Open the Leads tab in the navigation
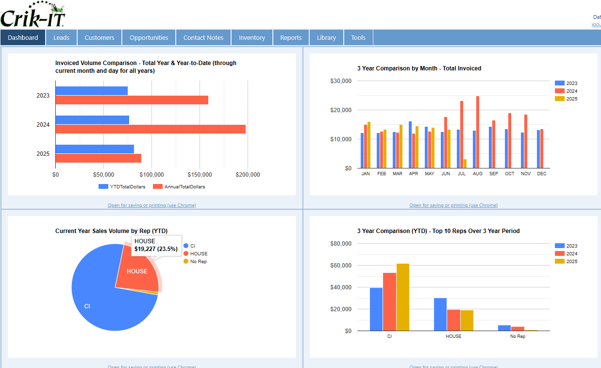coord(61,37)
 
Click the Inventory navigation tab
coord(251,37)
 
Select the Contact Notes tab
coord(203,37)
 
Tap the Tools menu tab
coord(358,37)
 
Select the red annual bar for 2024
coord(150,129)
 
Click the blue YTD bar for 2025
coord(95,149)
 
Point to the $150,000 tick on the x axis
coord(200,175)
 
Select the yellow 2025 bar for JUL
coord(465,164)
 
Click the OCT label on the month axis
coord(509,174)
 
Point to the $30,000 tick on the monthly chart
coord(341,81)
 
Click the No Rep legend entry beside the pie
coord(198,262)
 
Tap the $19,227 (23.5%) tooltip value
coord(156,249)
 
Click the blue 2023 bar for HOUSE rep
coord(440,314)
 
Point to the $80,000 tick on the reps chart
coord(341,244)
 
